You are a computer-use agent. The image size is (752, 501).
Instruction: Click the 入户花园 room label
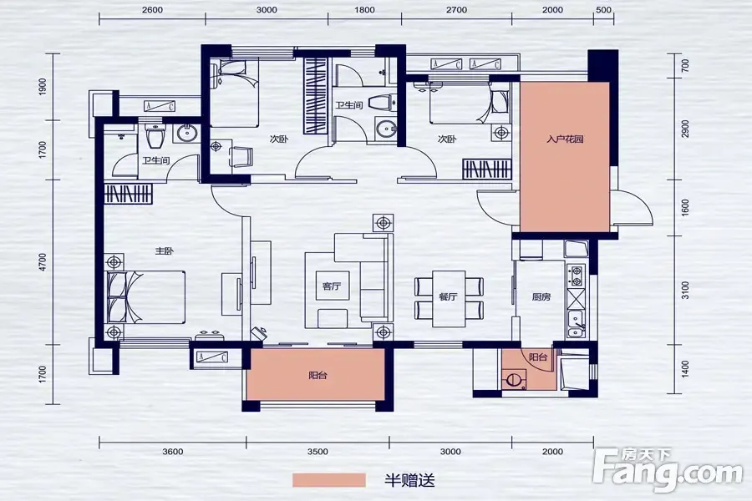(x=565, y=139)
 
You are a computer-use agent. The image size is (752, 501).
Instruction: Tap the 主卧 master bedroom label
(x=165, y=250)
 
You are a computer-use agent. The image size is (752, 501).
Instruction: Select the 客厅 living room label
(x=332, y=286)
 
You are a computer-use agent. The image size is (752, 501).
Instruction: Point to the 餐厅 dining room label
(x=448, y=296)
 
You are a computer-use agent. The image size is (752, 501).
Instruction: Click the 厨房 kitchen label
(x=541, y=296)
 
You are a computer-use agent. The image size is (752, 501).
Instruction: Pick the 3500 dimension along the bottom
(x=318, y=452)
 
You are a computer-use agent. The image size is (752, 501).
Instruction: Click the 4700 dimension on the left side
(x=43, y=262)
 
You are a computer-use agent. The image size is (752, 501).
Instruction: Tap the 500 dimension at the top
(x=603, y=9)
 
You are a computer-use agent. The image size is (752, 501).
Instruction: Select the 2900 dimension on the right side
(x=685, y=129)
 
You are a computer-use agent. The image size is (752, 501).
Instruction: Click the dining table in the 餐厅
(x=449, y=299)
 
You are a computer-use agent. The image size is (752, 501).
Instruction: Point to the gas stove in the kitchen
(x=576, y=276)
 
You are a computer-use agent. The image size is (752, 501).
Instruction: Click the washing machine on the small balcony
(x=514, y=379)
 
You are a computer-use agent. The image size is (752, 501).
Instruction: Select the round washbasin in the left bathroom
(x=186, y=133)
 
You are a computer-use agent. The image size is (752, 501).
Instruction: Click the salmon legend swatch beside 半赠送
(x=329, y=480)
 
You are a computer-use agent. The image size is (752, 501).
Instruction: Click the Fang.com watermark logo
(x=668, y=470)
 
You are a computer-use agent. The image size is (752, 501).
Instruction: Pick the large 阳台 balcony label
(x=318, y=376)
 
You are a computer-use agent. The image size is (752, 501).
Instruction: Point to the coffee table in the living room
(x=333, y=286)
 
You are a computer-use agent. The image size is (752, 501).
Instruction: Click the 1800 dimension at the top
(x=364, y=9)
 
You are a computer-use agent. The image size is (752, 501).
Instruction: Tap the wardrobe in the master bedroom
(x=128, y=194)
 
